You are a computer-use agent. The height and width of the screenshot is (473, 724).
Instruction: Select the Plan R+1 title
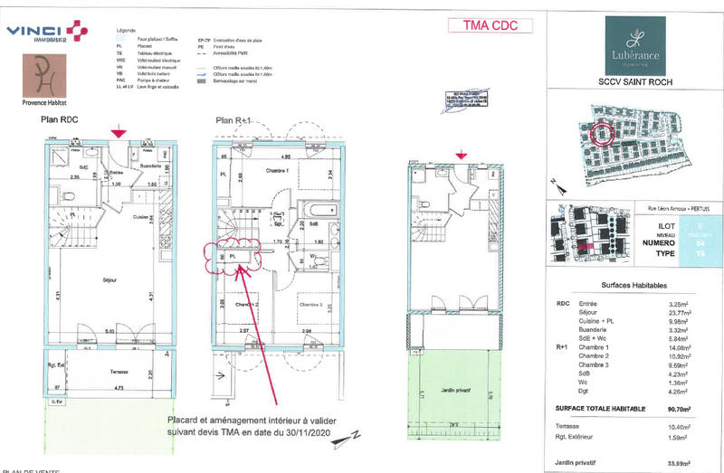tap(233, 119)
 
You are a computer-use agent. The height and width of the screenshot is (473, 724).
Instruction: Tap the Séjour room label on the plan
tap(110, 281)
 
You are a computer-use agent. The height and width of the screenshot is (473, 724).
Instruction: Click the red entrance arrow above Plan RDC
tap(118, 133)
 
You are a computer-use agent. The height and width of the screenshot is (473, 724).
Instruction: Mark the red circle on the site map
tap(601, 134)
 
